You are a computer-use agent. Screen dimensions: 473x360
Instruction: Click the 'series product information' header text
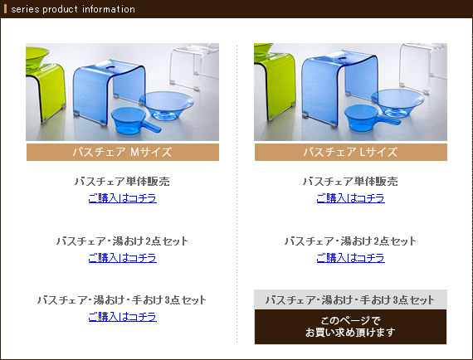point(73,9)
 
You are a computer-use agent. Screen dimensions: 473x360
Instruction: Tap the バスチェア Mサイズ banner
point(123,152)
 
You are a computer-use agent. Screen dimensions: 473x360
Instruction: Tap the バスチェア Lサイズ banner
point(350,152)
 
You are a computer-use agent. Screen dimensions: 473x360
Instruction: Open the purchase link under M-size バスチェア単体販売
point(123,198)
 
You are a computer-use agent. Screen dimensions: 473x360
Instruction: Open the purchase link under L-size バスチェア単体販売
point(350,198)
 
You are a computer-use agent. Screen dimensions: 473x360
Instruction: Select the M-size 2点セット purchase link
point(123,258)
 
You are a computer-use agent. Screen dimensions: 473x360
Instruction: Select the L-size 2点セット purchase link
point(350,258)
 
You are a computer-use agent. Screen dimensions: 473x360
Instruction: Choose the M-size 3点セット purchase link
point(123,317)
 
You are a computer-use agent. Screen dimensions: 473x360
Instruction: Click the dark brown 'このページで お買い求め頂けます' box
point(350,327)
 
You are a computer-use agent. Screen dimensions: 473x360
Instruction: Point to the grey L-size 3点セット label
point(350,299)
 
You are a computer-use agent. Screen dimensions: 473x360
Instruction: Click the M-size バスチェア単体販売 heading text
point(122,181)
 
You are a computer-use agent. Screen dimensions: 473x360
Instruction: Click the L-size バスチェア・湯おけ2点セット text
point(350,241)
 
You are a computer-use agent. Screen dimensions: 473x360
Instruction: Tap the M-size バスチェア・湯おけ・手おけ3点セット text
point(122,300)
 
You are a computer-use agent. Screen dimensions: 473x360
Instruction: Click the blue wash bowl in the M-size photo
point(167,105)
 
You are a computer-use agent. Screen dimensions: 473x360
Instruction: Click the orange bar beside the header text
point(5,9)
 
